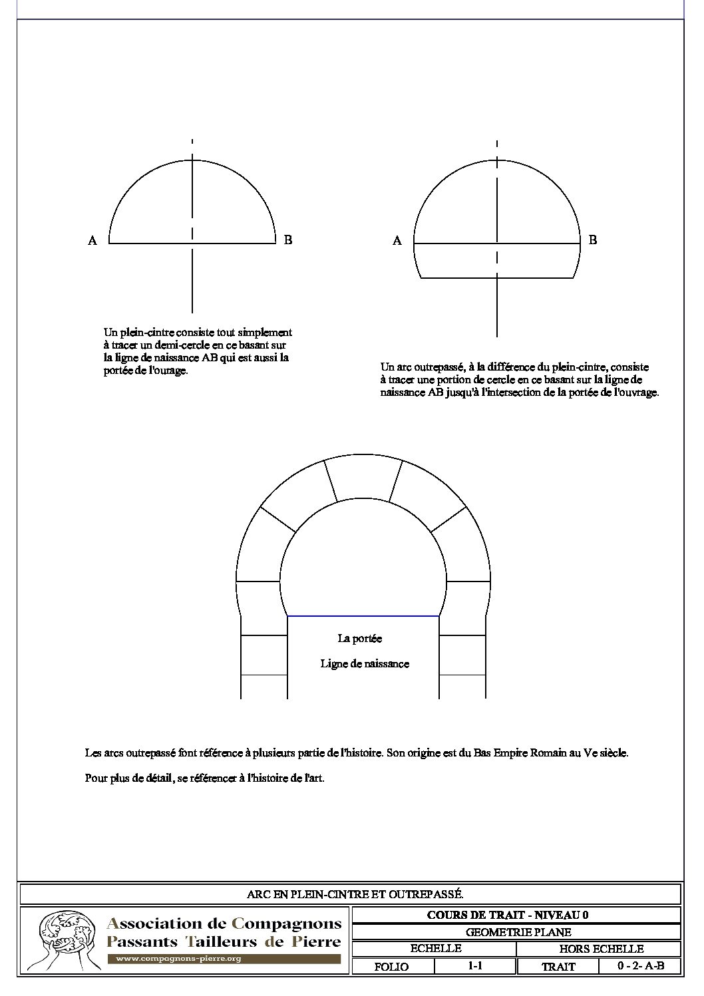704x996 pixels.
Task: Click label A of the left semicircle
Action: [x=92, y=241]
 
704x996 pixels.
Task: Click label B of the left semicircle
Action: [x=288, y=240]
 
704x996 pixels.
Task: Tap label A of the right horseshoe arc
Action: [x=397, y=241]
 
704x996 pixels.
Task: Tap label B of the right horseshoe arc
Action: [x=593, y=240]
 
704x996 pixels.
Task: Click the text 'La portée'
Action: [x=360, y=639]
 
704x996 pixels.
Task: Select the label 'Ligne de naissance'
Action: [x=365, y=664]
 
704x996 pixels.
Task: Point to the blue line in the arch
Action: [x=363, y=617]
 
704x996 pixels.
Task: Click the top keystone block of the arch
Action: [x=363, y=479]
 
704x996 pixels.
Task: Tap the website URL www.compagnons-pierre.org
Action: [x=178, y=959]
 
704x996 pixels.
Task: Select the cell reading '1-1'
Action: [x=475, y=966]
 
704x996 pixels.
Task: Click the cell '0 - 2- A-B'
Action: [x=640, y=966]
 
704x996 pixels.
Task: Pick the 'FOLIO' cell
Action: [x=392, y=967]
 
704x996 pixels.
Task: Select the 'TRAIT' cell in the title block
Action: [x=558, y=967]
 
